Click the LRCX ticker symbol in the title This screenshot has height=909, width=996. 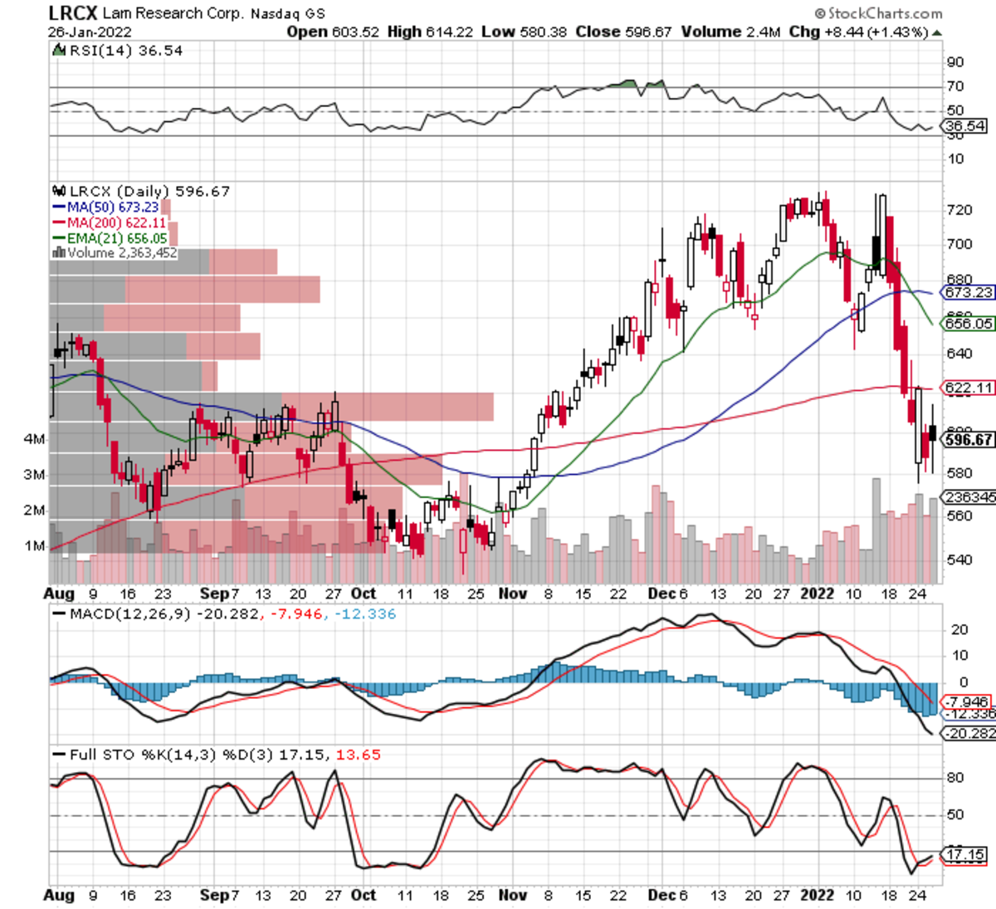point(73,13)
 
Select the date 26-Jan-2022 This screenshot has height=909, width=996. point(90,32)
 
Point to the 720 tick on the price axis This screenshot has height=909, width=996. point(959,210)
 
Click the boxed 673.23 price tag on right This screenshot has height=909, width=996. point(969,292)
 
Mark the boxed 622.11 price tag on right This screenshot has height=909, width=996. point(969,388)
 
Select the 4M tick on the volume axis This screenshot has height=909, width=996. point(34,439)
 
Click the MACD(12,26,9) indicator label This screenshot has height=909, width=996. point(129,614)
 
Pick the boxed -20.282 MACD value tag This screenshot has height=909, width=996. point(969,733)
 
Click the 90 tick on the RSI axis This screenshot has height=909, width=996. point(955,62)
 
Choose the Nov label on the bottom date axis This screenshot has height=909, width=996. point(512,895)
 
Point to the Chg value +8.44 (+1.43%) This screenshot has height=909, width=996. point(871,32)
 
